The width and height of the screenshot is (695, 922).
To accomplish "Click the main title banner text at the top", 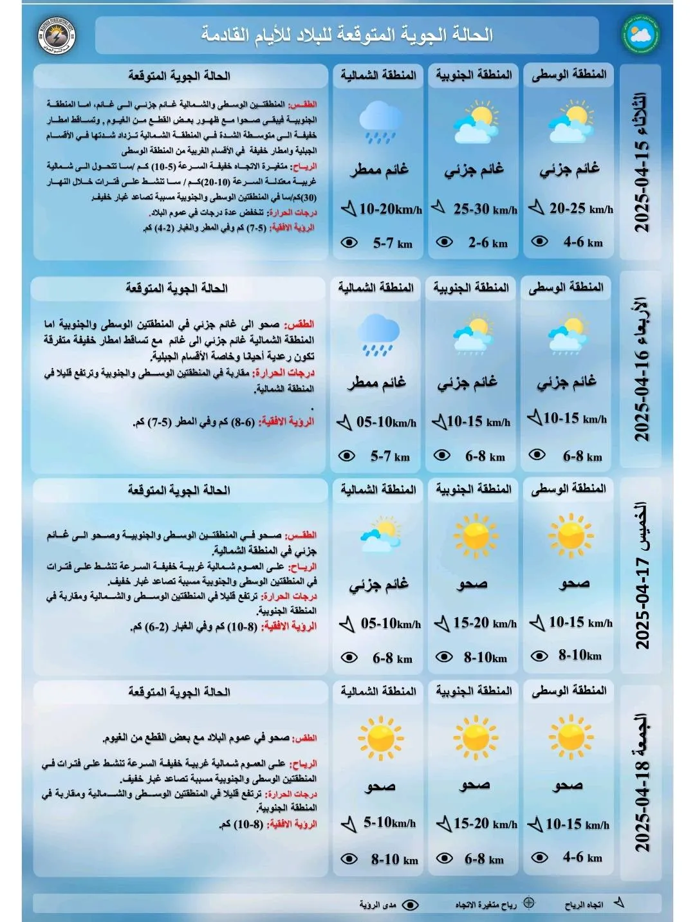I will point(347,35).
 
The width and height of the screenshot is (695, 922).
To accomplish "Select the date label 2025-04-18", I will point(642,783).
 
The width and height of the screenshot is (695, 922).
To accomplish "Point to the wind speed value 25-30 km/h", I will point(485,209).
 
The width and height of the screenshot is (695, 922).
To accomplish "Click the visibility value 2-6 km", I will point(488,243).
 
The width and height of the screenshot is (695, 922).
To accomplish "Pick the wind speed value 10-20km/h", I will point(390,209).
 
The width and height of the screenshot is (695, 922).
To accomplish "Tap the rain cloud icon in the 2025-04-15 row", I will point(380,122).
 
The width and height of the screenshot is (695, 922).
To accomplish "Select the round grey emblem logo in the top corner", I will point(57,35).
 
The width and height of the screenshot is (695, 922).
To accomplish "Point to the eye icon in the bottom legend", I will point(410,905).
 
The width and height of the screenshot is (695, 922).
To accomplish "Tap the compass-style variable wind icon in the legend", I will point(528,903).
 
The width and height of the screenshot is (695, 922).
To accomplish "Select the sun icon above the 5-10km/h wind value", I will point(380,737).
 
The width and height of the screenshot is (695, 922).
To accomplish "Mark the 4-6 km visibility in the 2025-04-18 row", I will point(582,857).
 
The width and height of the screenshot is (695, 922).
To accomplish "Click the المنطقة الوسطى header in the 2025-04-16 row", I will point(566,287).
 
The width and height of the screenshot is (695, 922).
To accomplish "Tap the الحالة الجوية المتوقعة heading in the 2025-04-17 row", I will point(179,490).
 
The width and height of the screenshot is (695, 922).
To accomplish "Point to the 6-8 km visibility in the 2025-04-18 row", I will point(484,859).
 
